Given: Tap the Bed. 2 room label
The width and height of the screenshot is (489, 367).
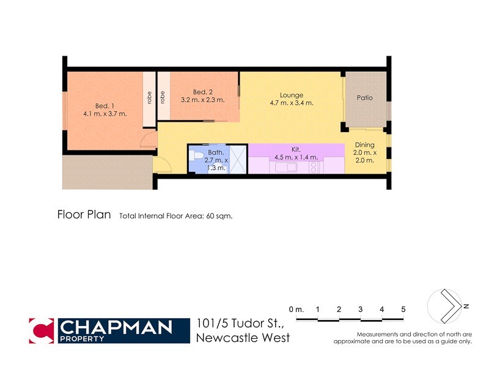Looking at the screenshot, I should click(202, 95).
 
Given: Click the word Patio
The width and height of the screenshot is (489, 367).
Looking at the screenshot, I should click(365, 98).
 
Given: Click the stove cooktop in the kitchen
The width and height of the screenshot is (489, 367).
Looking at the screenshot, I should click(314, 167).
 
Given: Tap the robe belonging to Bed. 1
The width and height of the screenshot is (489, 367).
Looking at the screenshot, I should click(149, 99).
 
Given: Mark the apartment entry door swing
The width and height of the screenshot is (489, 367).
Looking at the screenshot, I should click(162, 165).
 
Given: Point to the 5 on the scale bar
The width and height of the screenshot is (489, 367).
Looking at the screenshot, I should click(403, 310).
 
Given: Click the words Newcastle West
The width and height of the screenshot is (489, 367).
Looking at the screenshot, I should click(243, 338).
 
